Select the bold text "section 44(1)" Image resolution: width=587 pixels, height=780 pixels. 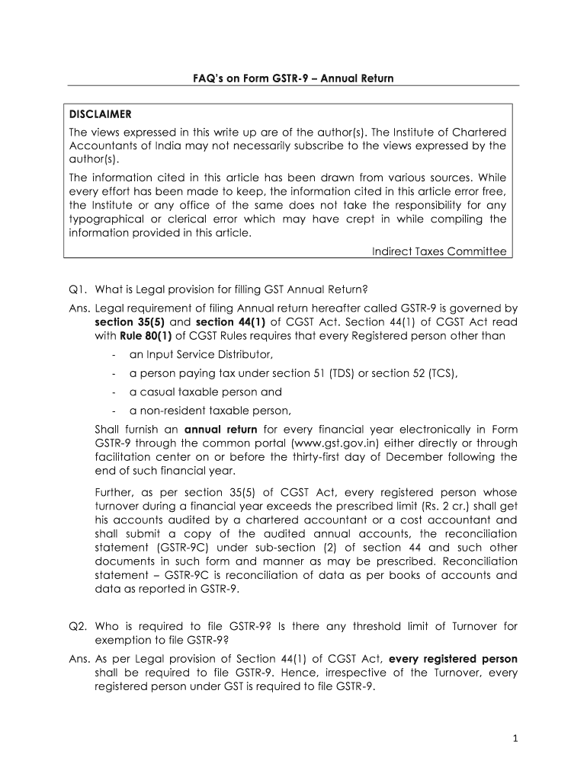pyautogui.click(x=224, y=322)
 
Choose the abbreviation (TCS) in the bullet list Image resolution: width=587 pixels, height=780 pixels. pyautogui.click(x=441, y=373)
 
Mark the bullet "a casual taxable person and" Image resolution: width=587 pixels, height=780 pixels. pyautogui.click(x=205, y=392)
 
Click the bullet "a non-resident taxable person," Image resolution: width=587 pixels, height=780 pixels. pyautogui.click(x=210, y=411)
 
